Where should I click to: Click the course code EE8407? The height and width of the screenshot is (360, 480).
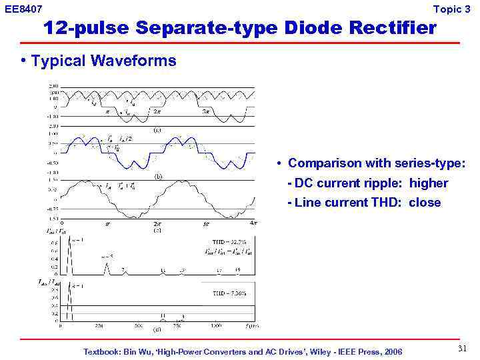tap(23, 9)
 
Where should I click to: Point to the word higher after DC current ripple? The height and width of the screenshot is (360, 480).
tap(429, 183)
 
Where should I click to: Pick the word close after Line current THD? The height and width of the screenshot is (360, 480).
tap(425, 203)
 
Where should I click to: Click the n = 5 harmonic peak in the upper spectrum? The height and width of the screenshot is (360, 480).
tap(107, 265)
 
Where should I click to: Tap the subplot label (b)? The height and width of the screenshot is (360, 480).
tap(159, 177)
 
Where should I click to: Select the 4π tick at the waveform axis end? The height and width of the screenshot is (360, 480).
tap(252, 223)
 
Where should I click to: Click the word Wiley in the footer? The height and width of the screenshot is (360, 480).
tap(323, 351)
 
